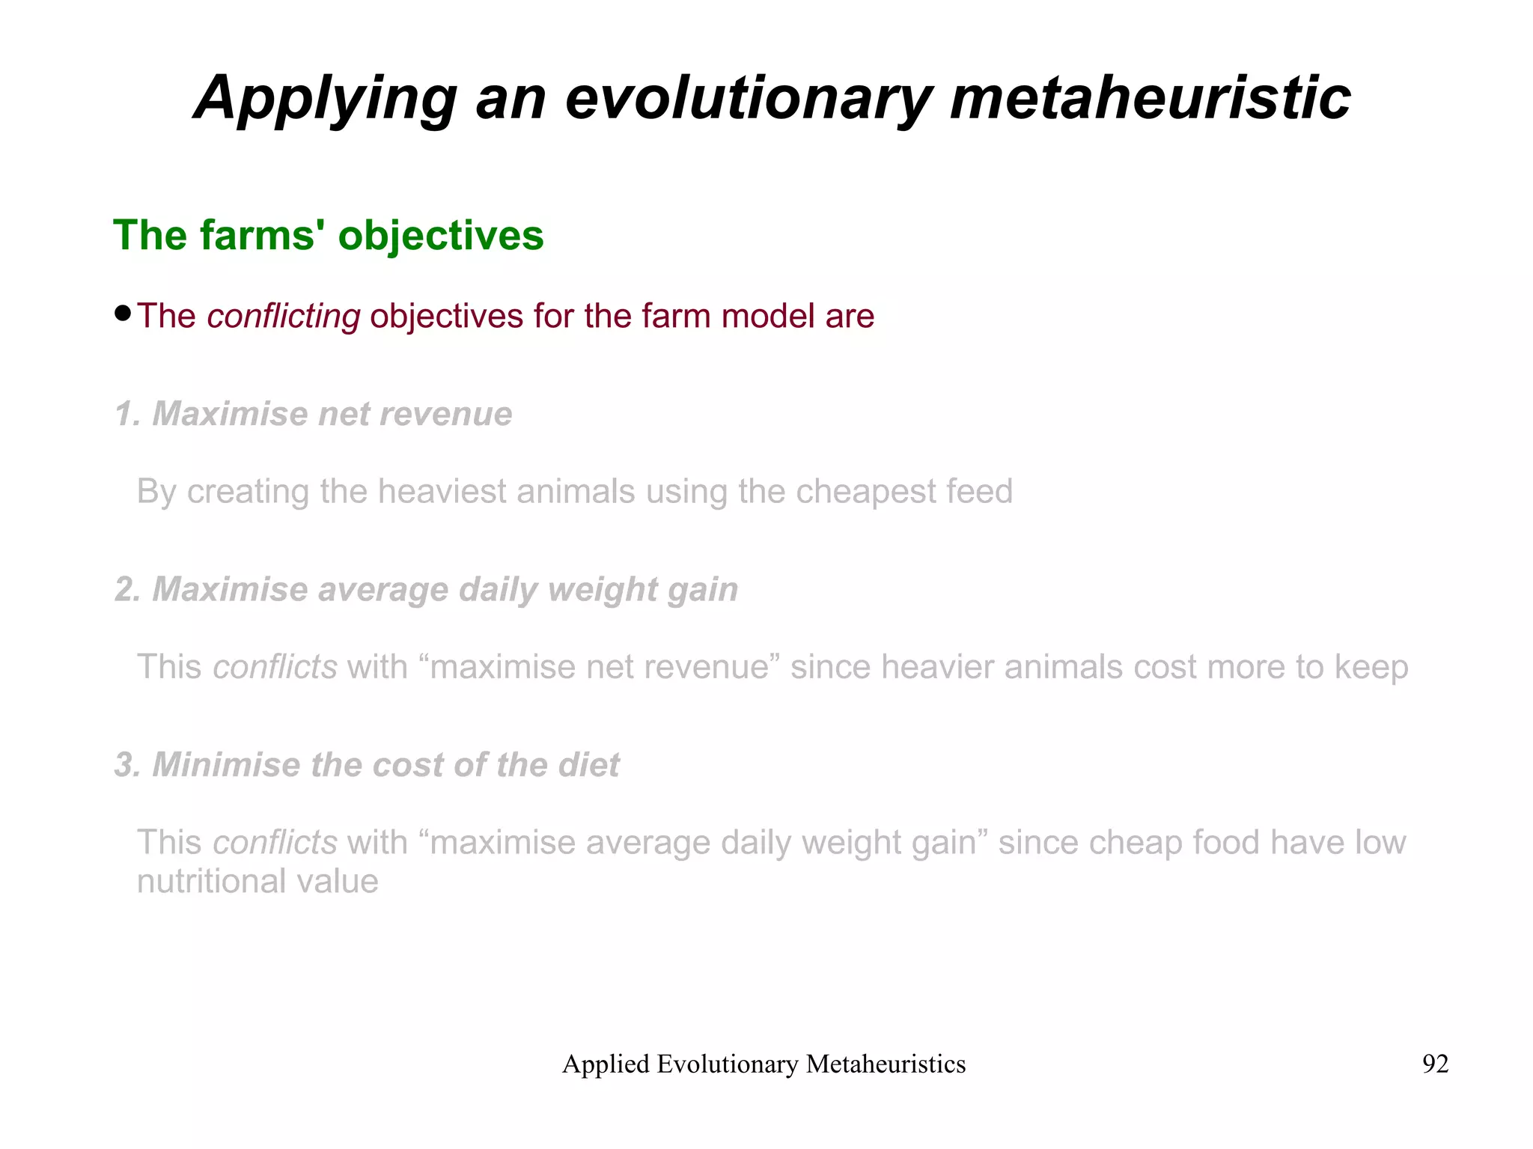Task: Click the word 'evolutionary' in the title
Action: click(x=749, y=99)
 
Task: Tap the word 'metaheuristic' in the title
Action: click(x=1150, y=99)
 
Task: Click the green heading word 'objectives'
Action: click(x=441, y=236)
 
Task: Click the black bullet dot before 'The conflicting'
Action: click(x=124, y=312)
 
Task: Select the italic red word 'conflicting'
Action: click(x=284, y=316)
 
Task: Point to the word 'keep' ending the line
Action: click(x=1371, y=667)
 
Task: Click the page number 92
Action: click(x=1435, y=1064)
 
